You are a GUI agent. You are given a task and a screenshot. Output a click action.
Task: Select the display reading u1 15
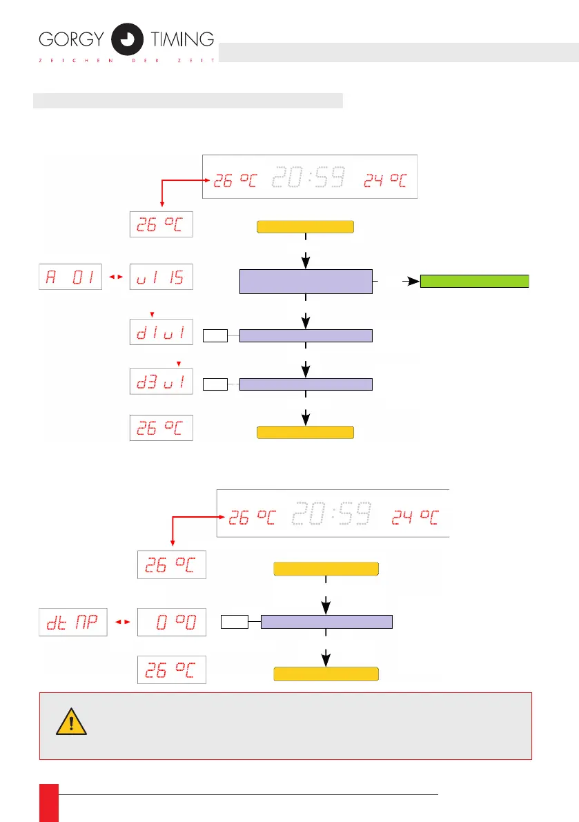point(161,277)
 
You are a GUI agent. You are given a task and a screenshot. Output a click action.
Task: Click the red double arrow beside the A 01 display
point(116,277)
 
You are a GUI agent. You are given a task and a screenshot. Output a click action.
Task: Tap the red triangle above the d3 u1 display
point(179,362)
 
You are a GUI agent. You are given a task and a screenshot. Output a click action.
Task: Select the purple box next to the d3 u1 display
point(305,384)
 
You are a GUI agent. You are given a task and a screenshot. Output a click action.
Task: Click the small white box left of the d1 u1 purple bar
point(215,336)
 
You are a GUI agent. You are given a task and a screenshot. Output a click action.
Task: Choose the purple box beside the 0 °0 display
point(326,621)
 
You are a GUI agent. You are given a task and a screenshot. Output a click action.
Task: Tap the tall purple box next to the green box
point(305,282)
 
